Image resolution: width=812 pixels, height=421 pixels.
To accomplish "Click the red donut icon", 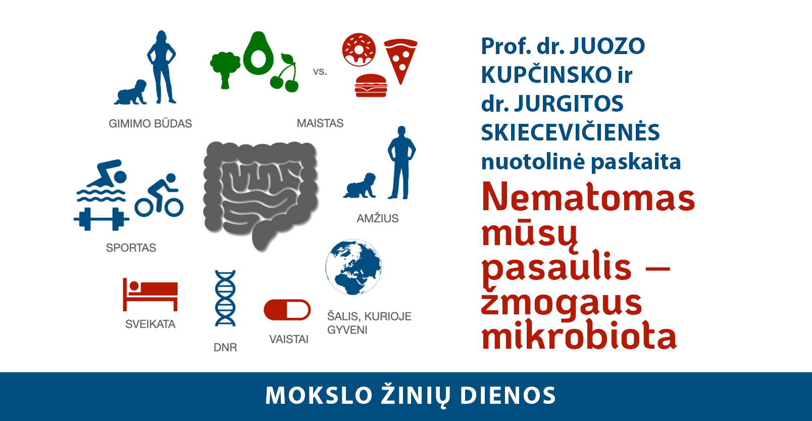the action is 359,50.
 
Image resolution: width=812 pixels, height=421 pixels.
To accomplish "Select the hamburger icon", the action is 371,85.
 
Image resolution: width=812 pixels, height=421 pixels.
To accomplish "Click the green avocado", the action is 259,53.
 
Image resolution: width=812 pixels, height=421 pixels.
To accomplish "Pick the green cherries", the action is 285,73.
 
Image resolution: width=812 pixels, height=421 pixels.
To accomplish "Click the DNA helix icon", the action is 225,298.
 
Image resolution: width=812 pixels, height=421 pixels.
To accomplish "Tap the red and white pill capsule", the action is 287,310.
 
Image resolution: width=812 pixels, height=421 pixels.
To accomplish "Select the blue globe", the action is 353,267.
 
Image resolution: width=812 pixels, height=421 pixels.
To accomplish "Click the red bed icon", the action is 150,294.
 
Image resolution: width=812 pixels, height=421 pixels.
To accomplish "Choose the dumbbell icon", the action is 101,219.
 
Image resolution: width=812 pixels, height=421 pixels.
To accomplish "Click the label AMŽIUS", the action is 377,218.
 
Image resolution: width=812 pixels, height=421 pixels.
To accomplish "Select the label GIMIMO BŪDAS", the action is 150,123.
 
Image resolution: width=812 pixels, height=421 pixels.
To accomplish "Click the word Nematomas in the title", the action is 588,197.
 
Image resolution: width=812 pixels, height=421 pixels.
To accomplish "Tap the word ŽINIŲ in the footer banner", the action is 416,396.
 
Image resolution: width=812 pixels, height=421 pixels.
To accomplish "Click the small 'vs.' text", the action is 320,71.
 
